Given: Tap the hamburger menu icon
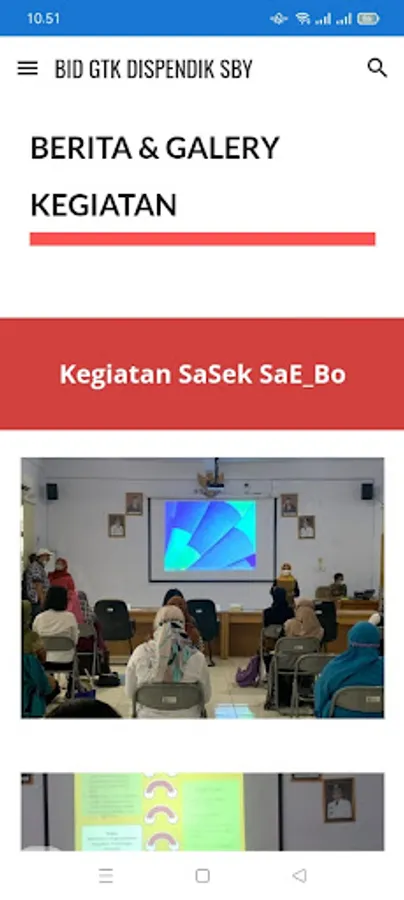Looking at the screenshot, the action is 28,68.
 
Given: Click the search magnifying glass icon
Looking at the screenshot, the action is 377,68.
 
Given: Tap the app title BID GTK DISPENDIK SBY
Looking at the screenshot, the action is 154,69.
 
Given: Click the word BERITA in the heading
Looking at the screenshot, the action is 81,148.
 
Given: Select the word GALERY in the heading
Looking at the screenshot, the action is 223,148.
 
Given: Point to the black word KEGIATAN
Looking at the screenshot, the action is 103,205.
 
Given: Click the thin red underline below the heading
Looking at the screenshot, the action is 203,239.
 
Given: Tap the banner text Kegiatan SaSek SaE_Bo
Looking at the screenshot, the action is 203,374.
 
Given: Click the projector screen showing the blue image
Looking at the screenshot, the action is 212,539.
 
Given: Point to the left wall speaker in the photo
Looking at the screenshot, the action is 52,491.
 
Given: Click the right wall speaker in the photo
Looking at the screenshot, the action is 367,491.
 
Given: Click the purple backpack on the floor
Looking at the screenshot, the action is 249,672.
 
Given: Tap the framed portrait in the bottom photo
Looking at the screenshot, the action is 339,800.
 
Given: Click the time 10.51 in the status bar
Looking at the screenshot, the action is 43,18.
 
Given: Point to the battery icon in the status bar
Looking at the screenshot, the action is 368,19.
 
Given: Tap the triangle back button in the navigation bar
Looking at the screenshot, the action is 299,875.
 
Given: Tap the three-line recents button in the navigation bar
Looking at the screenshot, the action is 106,875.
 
